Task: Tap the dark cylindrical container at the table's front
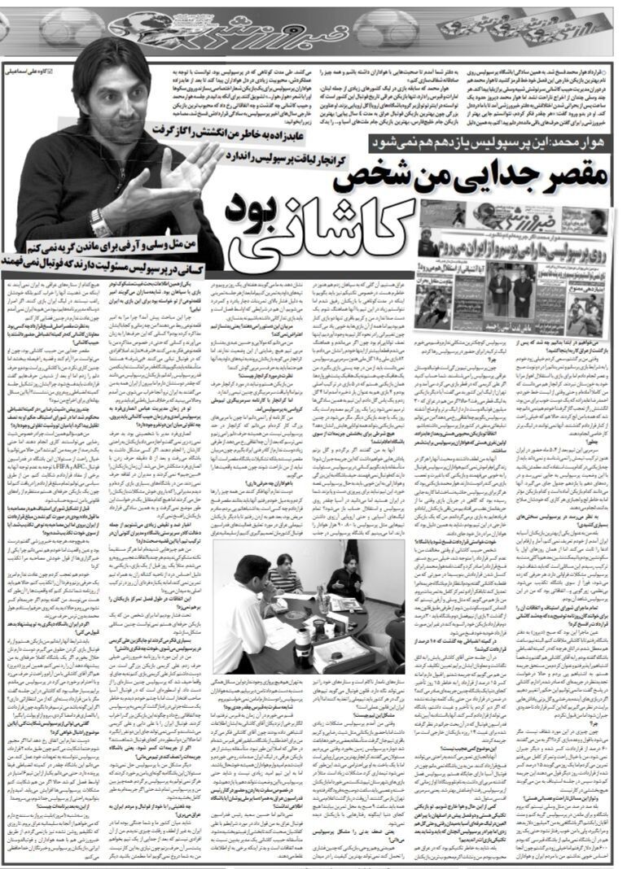pos(303,643)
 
